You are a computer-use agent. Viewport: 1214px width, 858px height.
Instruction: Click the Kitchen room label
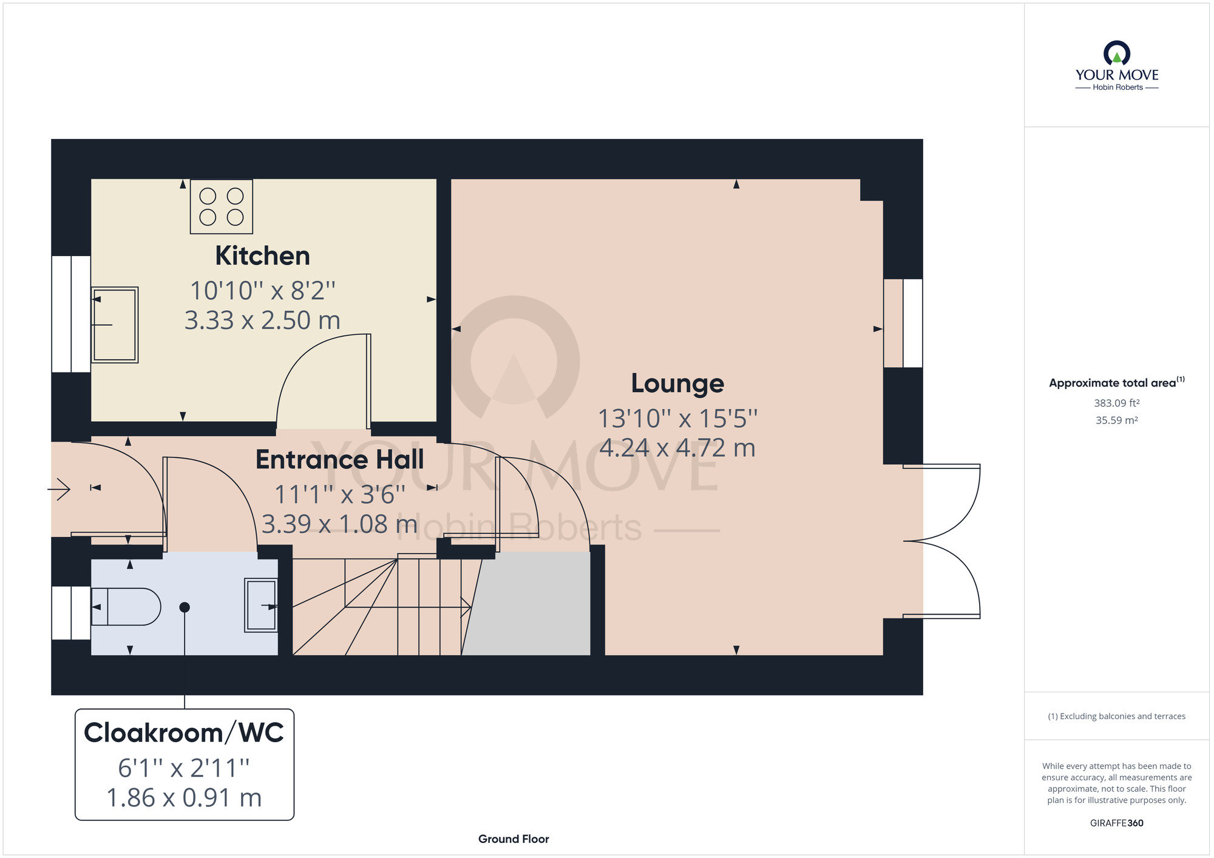pos(262,256)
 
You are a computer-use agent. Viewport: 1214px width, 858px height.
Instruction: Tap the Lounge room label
pos(677,383)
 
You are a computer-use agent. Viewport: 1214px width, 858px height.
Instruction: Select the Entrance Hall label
pos(340,459)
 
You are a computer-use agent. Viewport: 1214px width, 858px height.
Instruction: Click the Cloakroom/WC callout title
pos(184,733)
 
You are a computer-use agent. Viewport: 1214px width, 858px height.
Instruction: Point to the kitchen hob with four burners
pos(222,207)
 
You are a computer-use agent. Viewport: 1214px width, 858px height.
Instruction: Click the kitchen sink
pos(115,325)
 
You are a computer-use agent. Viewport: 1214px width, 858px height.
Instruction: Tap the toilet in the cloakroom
pos(126,606)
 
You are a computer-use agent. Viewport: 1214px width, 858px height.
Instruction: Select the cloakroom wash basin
pos(261,606)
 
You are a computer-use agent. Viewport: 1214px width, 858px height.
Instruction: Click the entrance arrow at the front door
pos(59,488)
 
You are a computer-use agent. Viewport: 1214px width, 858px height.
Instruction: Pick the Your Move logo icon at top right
pos(1117,53)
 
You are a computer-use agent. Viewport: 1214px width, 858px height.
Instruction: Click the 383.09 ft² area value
pos(1117,403)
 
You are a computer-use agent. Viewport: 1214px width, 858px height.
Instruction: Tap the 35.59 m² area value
pos(1117,420)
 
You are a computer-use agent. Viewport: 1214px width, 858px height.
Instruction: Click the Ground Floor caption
pos(514,839)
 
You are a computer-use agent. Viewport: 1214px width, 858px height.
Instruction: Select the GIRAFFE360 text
pos(1117,823)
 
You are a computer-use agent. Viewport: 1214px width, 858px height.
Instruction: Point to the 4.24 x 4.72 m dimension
pos(677,448)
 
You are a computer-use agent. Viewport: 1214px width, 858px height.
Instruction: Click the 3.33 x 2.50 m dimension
pos(262,320)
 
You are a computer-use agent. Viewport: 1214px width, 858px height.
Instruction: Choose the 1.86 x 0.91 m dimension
pos(184,798)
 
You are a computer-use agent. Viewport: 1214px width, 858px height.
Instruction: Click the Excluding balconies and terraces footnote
pos(1117,717)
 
